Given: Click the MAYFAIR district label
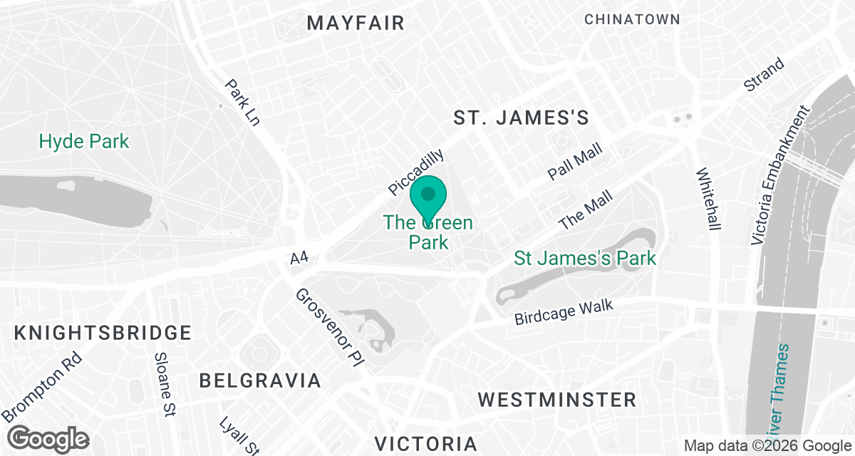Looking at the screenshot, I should [356, 23].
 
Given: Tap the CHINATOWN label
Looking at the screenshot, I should [633, 20].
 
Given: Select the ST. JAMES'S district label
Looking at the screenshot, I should [522, 118].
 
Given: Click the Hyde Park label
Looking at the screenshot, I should [84, 141].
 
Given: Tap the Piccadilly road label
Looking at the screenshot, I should [417, 172].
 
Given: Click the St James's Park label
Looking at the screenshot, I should [585, 257].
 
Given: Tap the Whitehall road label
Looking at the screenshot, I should [709, 199].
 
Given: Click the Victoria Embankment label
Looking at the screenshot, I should [781, 176].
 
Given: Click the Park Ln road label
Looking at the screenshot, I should [242, 102].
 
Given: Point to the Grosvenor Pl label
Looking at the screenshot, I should [330, 327].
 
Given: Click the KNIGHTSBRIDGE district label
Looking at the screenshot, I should [103, 333].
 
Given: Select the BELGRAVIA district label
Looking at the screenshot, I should [260, 380].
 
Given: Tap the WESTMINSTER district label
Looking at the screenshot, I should [556, 399].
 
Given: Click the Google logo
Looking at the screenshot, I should [48, 437].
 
